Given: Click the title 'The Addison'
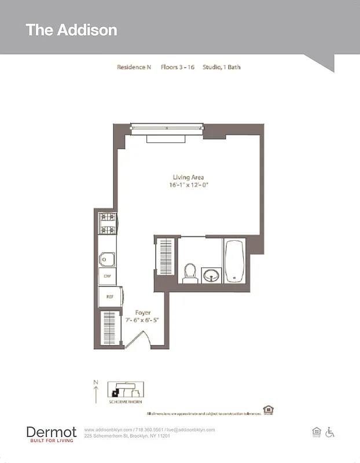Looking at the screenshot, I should point(71,30).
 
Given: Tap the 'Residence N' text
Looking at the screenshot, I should point(134,67).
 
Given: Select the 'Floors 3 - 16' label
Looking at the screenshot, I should point(177,67).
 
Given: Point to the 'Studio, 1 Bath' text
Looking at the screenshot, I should point(222,67).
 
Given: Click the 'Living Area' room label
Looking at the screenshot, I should point(188,177).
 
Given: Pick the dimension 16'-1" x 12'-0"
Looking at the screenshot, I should point(188,185).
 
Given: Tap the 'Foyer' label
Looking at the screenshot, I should point(143,313).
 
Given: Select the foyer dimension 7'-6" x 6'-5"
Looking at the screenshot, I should point(143,320).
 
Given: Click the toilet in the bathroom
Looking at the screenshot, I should point(190,273).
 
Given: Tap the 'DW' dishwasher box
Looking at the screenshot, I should point(107,277).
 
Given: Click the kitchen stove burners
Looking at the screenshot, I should point(107,224).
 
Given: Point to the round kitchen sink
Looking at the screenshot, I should point(107,259).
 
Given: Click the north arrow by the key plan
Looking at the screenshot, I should point(95,392).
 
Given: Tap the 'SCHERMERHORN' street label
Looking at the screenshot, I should point(126,401).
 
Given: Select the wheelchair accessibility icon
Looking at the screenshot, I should point(330,432).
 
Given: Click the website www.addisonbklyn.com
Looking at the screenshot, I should point(108,429).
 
